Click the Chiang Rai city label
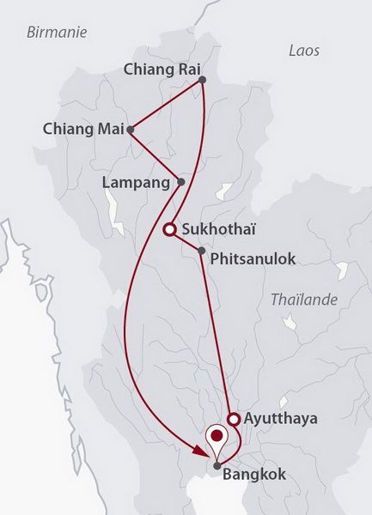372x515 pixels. (161, 69)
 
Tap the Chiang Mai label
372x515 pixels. (82, 130)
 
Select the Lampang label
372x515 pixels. (137, 182)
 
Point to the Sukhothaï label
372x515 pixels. (219, 229)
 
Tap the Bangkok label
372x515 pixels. (255, 474)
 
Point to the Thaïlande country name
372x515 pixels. (304, 300)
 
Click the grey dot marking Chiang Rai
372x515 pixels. (202, 81)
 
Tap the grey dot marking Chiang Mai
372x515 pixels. (131, 130)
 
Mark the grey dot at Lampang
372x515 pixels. (180, 182)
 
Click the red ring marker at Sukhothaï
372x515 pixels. (169, 229)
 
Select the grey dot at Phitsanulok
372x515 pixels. (201, 251)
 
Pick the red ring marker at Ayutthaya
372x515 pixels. (233, 419)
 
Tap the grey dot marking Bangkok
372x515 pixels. (217, 466)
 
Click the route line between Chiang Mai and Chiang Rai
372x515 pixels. (167, 106)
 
